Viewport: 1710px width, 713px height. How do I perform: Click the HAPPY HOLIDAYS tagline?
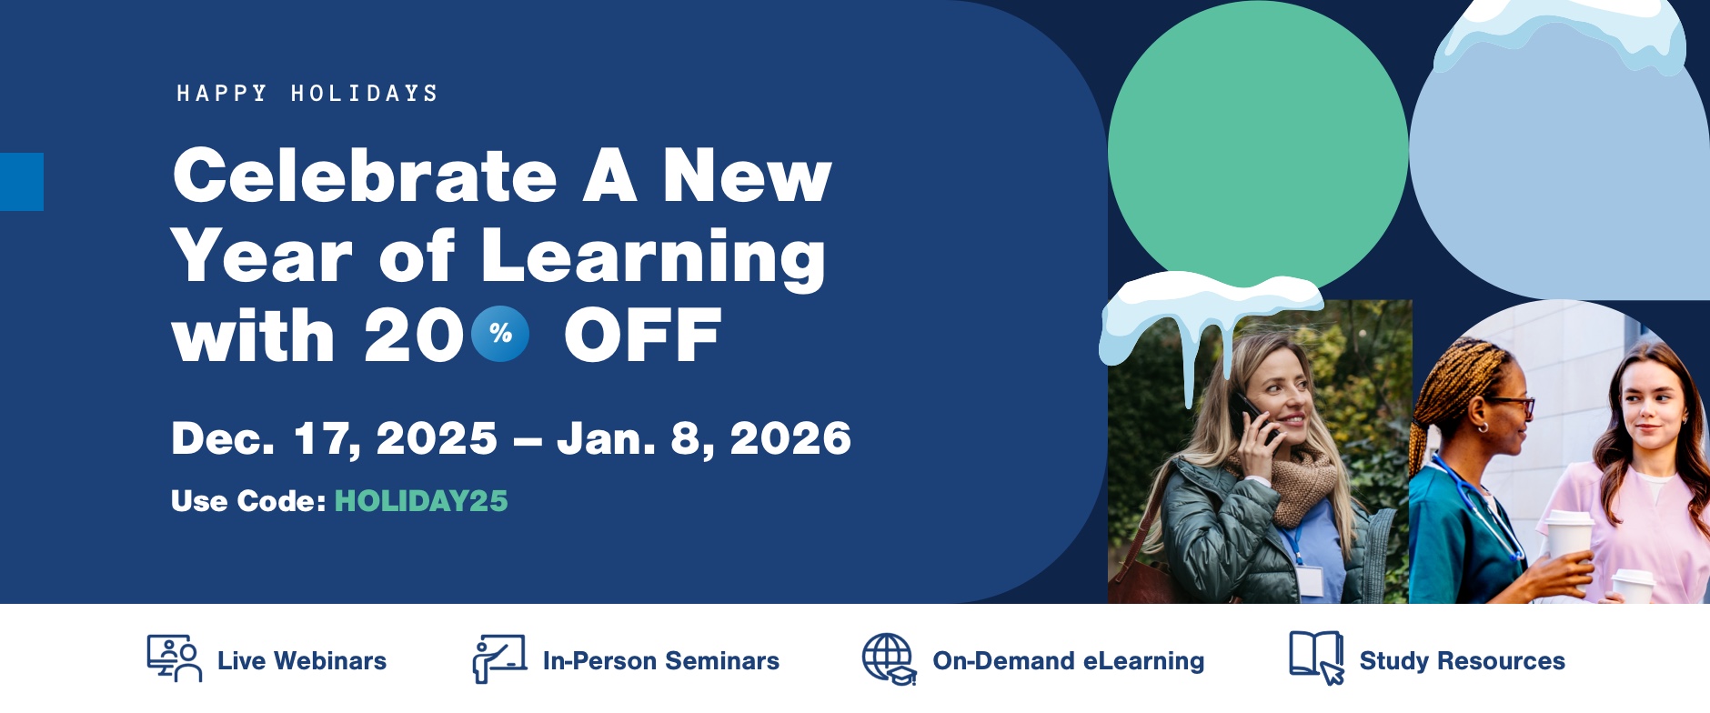coord(307,93)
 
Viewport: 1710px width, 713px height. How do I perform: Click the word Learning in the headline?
coord(653,257)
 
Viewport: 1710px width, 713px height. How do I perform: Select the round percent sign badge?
coord(500,334)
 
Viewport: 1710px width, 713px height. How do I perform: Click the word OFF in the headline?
coord(643,335)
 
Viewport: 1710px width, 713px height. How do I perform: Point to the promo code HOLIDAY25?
coord(421,501)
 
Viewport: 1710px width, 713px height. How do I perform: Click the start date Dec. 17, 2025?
coord(335,439)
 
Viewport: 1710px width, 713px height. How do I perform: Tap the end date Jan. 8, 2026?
coord(704,439)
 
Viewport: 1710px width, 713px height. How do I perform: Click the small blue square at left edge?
coord(22,182)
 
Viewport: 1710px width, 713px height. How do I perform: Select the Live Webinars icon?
coord(175,658)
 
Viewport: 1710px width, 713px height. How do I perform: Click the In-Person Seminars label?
coord(661,661)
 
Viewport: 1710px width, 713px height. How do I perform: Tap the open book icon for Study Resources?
coord(1316,657)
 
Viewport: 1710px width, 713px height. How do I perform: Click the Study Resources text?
coord(1462,661)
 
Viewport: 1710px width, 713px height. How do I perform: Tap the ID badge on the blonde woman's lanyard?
coord(1310,580)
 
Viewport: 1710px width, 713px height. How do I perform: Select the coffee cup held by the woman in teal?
coord(1568,537)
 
